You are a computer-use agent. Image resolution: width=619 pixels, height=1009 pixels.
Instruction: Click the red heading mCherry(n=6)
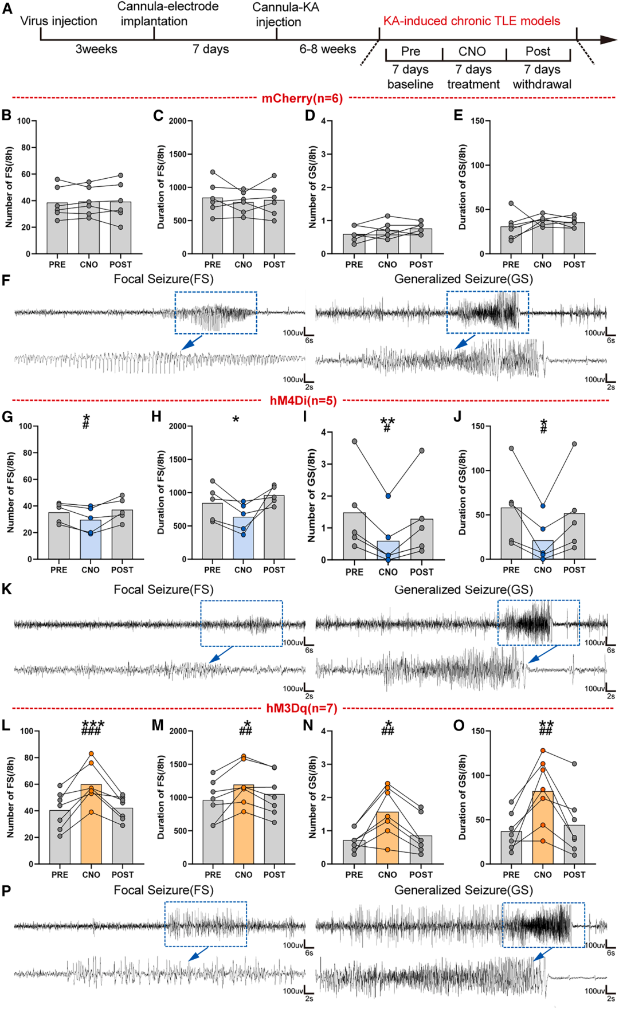click(302, 99)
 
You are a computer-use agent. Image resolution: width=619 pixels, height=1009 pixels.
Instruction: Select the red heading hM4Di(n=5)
click(303, 401)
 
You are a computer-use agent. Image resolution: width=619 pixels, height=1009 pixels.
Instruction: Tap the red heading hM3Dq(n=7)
click(302, 708)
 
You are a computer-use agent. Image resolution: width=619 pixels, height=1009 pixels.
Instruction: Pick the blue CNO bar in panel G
click(91, 539)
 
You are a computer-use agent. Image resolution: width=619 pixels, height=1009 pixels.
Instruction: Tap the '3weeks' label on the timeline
click(96, 49)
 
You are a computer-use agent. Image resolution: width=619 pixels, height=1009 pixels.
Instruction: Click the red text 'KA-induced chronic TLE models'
click(472, 21)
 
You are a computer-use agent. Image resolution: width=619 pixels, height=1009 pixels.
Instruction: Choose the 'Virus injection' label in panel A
click(58, 21)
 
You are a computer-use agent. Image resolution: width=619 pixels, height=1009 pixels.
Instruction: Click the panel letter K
click(7, 589)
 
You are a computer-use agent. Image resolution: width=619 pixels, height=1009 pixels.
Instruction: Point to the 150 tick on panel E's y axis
click(477, 121)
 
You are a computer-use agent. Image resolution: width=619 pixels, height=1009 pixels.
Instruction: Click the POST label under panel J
click(574, 570)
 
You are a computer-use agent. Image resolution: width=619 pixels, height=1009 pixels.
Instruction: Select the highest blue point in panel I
click(388, 496)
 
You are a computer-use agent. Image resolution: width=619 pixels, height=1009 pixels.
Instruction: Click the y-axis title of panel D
click(312, 187)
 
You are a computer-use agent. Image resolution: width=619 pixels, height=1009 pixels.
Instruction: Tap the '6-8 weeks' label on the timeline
click(327, 49)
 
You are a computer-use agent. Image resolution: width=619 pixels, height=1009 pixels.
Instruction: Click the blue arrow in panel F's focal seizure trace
click(191, 343)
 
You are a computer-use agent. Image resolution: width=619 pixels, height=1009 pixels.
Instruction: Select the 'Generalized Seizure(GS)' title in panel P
click(463, 890)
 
